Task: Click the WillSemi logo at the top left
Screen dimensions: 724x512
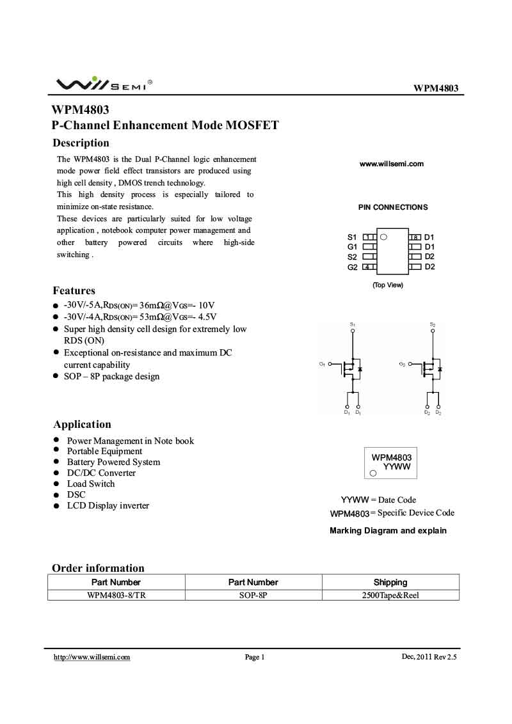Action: (102, 84)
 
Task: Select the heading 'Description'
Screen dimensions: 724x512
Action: (81, 143)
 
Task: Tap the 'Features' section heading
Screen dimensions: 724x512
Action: (74, 290)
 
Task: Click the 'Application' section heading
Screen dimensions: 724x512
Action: (82, 424)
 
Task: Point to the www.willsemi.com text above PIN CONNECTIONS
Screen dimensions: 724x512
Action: (392, 164)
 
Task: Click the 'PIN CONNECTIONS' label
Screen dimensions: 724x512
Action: (392, 207)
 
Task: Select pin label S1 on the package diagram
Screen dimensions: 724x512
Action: (352, 237)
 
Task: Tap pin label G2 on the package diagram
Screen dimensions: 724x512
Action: (352, 267)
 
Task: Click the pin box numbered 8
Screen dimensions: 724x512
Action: (415, 237)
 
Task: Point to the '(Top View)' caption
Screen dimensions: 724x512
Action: (388, 285)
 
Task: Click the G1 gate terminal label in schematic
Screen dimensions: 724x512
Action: (322, 364)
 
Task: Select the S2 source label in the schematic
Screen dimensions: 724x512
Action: (433, 326)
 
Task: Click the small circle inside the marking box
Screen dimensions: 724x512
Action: (373, 473)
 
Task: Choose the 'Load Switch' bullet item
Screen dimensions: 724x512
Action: (91, 484)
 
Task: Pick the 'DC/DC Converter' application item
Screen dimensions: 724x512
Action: (101, 473)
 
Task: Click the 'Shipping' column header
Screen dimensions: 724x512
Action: (390, 582)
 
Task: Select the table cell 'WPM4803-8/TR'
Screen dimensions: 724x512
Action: (116, 595)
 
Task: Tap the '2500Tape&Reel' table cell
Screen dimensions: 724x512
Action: (390, 595)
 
